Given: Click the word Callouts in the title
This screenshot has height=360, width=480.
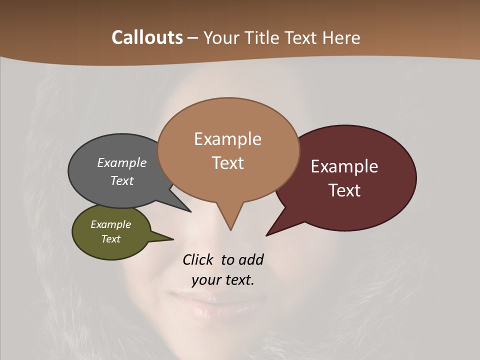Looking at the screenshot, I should click(x=147, y=37).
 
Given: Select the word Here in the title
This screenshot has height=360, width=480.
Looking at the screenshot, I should click(x=341, y=37).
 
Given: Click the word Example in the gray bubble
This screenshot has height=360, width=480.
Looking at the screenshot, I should click(x=122, y=163).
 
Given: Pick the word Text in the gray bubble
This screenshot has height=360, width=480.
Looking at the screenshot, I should click(x=122, y=180).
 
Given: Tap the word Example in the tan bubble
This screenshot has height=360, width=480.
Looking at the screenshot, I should click(x=227, y=139).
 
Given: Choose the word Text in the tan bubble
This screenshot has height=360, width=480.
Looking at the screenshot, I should click(x=227, y=163).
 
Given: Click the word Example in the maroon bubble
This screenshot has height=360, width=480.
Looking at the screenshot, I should click(x=344, y=166).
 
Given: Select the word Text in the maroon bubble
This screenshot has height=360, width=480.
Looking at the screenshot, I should click(x=344, y=190).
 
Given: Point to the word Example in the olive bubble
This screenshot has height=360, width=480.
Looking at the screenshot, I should click(x=110, y=224).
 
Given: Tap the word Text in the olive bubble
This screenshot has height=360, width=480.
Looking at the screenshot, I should click(x=110, y=239).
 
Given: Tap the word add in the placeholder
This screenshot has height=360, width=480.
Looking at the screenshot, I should click(x=251, y=260).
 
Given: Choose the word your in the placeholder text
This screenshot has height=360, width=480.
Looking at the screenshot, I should click(x=205, y=280).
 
